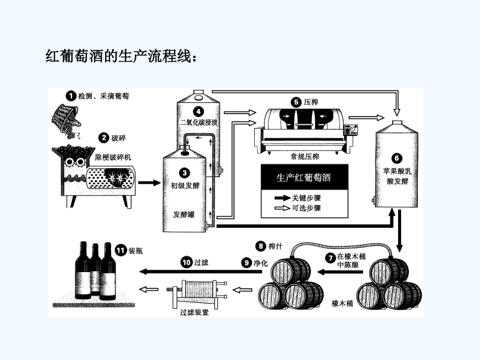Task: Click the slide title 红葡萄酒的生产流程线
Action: click(121, 56)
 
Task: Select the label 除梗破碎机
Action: click(113, 157)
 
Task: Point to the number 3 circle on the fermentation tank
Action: click(184, 173)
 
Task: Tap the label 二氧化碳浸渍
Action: click(198, 122)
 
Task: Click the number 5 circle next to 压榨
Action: click(297, 101)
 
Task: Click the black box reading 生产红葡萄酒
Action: click(303, 178)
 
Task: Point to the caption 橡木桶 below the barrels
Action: click(342, 303)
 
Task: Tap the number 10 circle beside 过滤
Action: click(186, 262)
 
